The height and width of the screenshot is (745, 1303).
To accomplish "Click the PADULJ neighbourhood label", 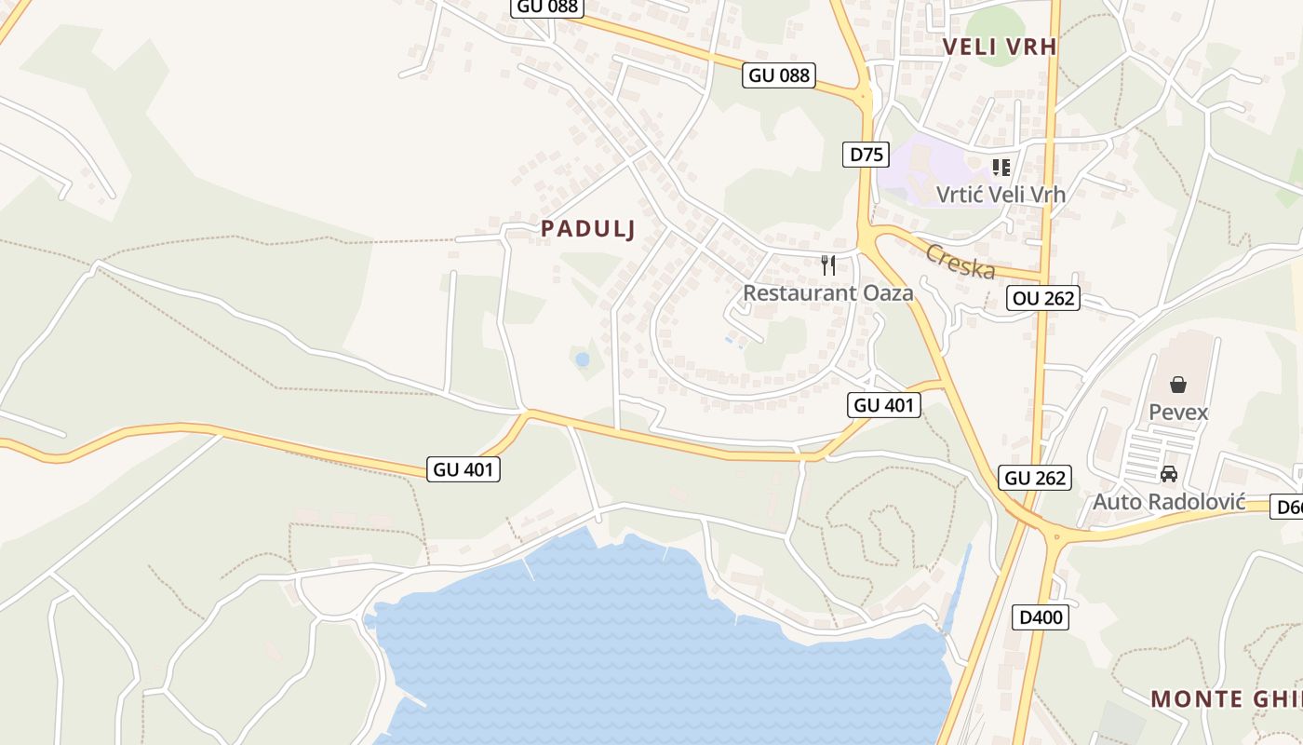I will tap(587, 229).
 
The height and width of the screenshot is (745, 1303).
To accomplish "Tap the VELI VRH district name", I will tap(1001, 47).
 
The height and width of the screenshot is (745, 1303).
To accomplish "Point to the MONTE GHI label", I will tap(1226, 698).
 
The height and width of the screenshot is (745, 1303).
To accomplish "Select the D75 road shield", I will tap(866, 155).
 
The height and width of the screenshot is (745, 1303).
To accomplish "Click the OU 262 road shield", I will tap(1043, 298).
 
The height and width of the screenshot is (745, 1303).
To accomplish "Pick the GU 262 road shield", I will tap(1036, 478).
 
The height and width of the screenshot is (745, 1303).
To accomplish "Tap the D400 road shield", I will tap(1040, 616).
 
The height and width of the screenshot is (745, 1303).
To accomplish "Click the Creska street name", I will tap(960, 262).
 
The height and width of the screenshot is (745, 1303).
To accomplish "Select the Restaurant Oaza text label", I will tap(827, 292).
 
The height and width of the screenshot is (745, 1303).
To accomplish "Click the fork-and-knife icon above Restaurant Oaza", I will tap(828, 265).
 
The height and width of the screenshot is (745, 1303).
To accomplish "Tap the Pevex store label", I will tap(1178, 412).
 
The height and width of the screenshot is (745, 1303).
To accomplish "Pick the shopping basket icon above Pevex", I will tap(1178, 385).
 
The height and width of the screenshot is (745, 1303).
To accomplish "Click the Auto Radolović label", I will tap(1169, 501).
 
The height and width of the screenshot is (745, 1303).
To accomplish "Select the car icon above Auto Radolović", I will tap(1169, 474).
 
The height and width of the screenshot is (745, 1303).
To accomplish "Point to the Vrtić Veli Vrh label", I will tap(1001, 195).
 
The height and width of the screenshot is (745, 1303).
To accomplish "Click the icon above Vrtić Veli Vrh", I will tap(1001, 168).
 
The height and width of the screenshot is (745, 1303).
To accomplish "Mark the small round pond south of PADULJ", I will tap(583, 359).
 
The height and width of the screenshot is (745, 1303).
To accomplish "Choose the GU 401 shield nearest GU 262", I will tap(884, 405).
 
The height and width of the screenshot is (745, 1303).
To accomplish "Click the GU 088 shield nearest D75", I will tap(779, 75).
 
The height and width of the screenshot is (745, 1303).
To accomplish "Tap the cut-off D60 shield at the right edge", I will tap(1288, 508).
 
